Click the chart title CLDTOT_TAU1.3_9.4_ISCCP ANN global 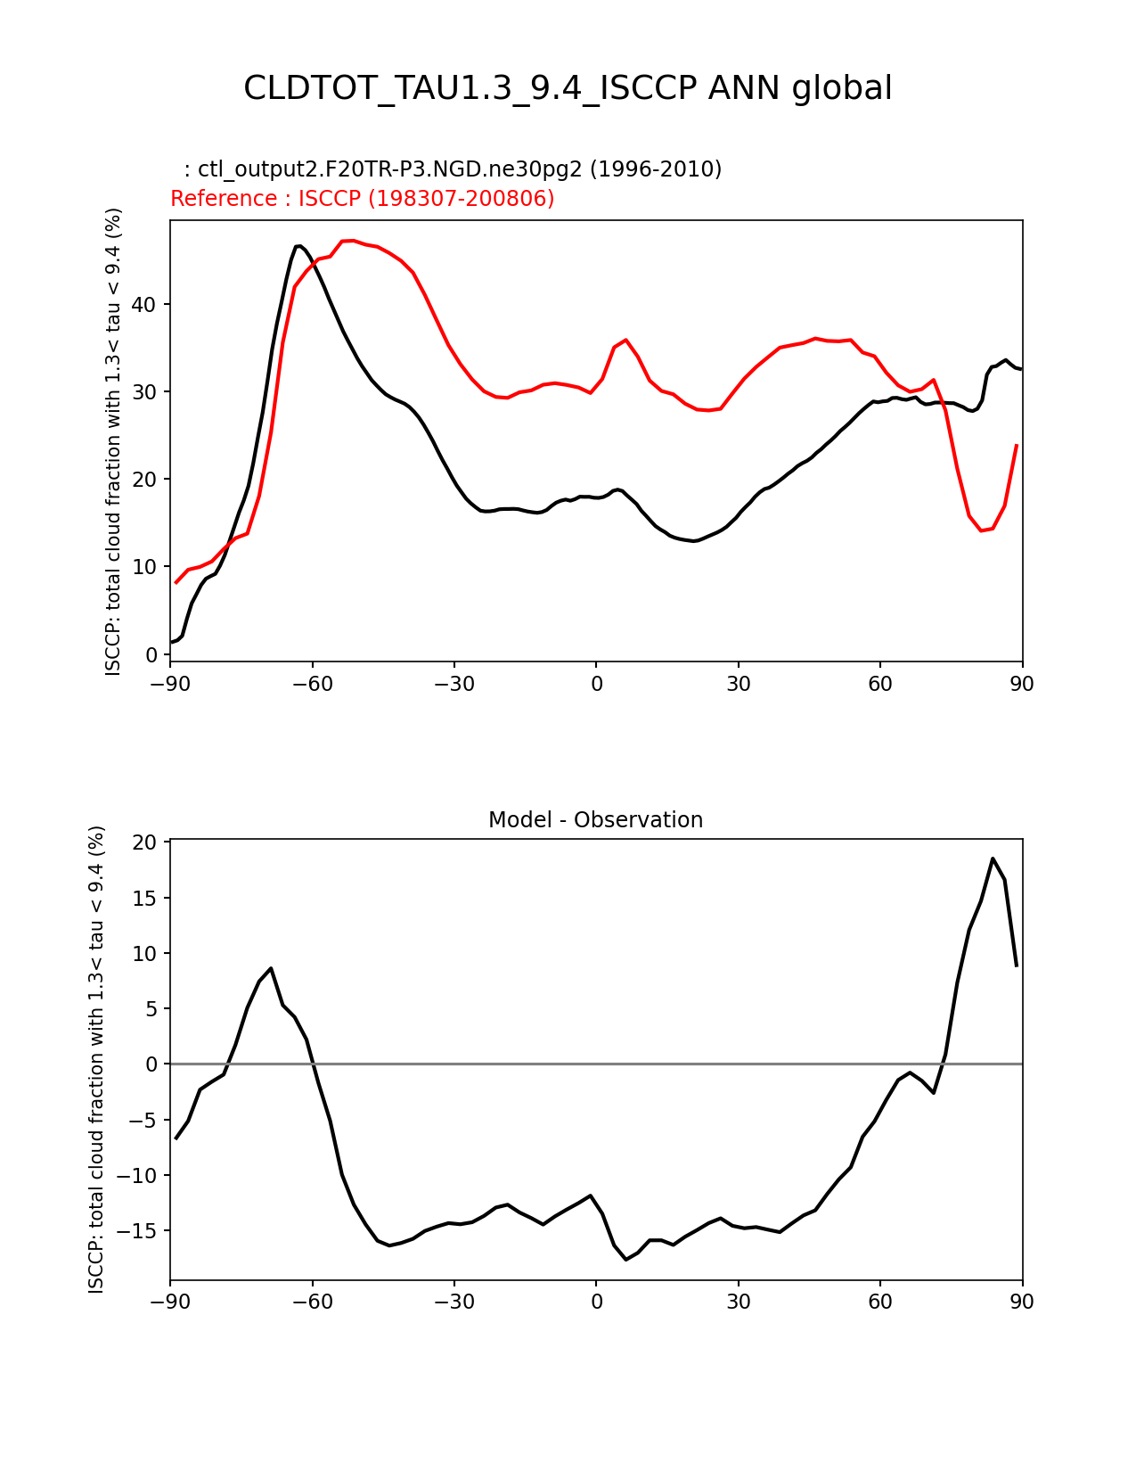click(x=568, y=88)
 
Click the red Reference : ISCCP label click(x=362, y=198)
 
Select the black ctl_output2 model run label click(x=453, y=168)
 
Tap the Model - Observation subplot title click(x=595, y=819)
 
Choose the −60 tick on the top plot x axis click(x=312, y=684)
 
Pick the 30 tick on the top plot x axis click(x=738, y=684)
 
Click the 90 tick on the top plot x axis click(x=1022, y=684)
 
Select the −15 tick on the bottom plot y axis click(x=139, y=1231)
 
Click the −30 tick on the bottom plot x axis click(x=454, y=1302)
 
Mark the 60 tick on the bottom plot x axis click(x=879, y=1302)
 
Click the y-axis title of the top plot click(x=113, y=441)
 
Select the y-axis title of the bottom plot click(x=96, y=1059)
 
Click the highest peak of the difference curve click(x=993, y=859)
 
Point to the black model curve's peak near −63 click(x=298, y=245)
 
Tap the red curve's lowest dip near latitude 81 click(x=981, y=530)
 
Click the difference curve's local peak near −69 click(x=271, y=968)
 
